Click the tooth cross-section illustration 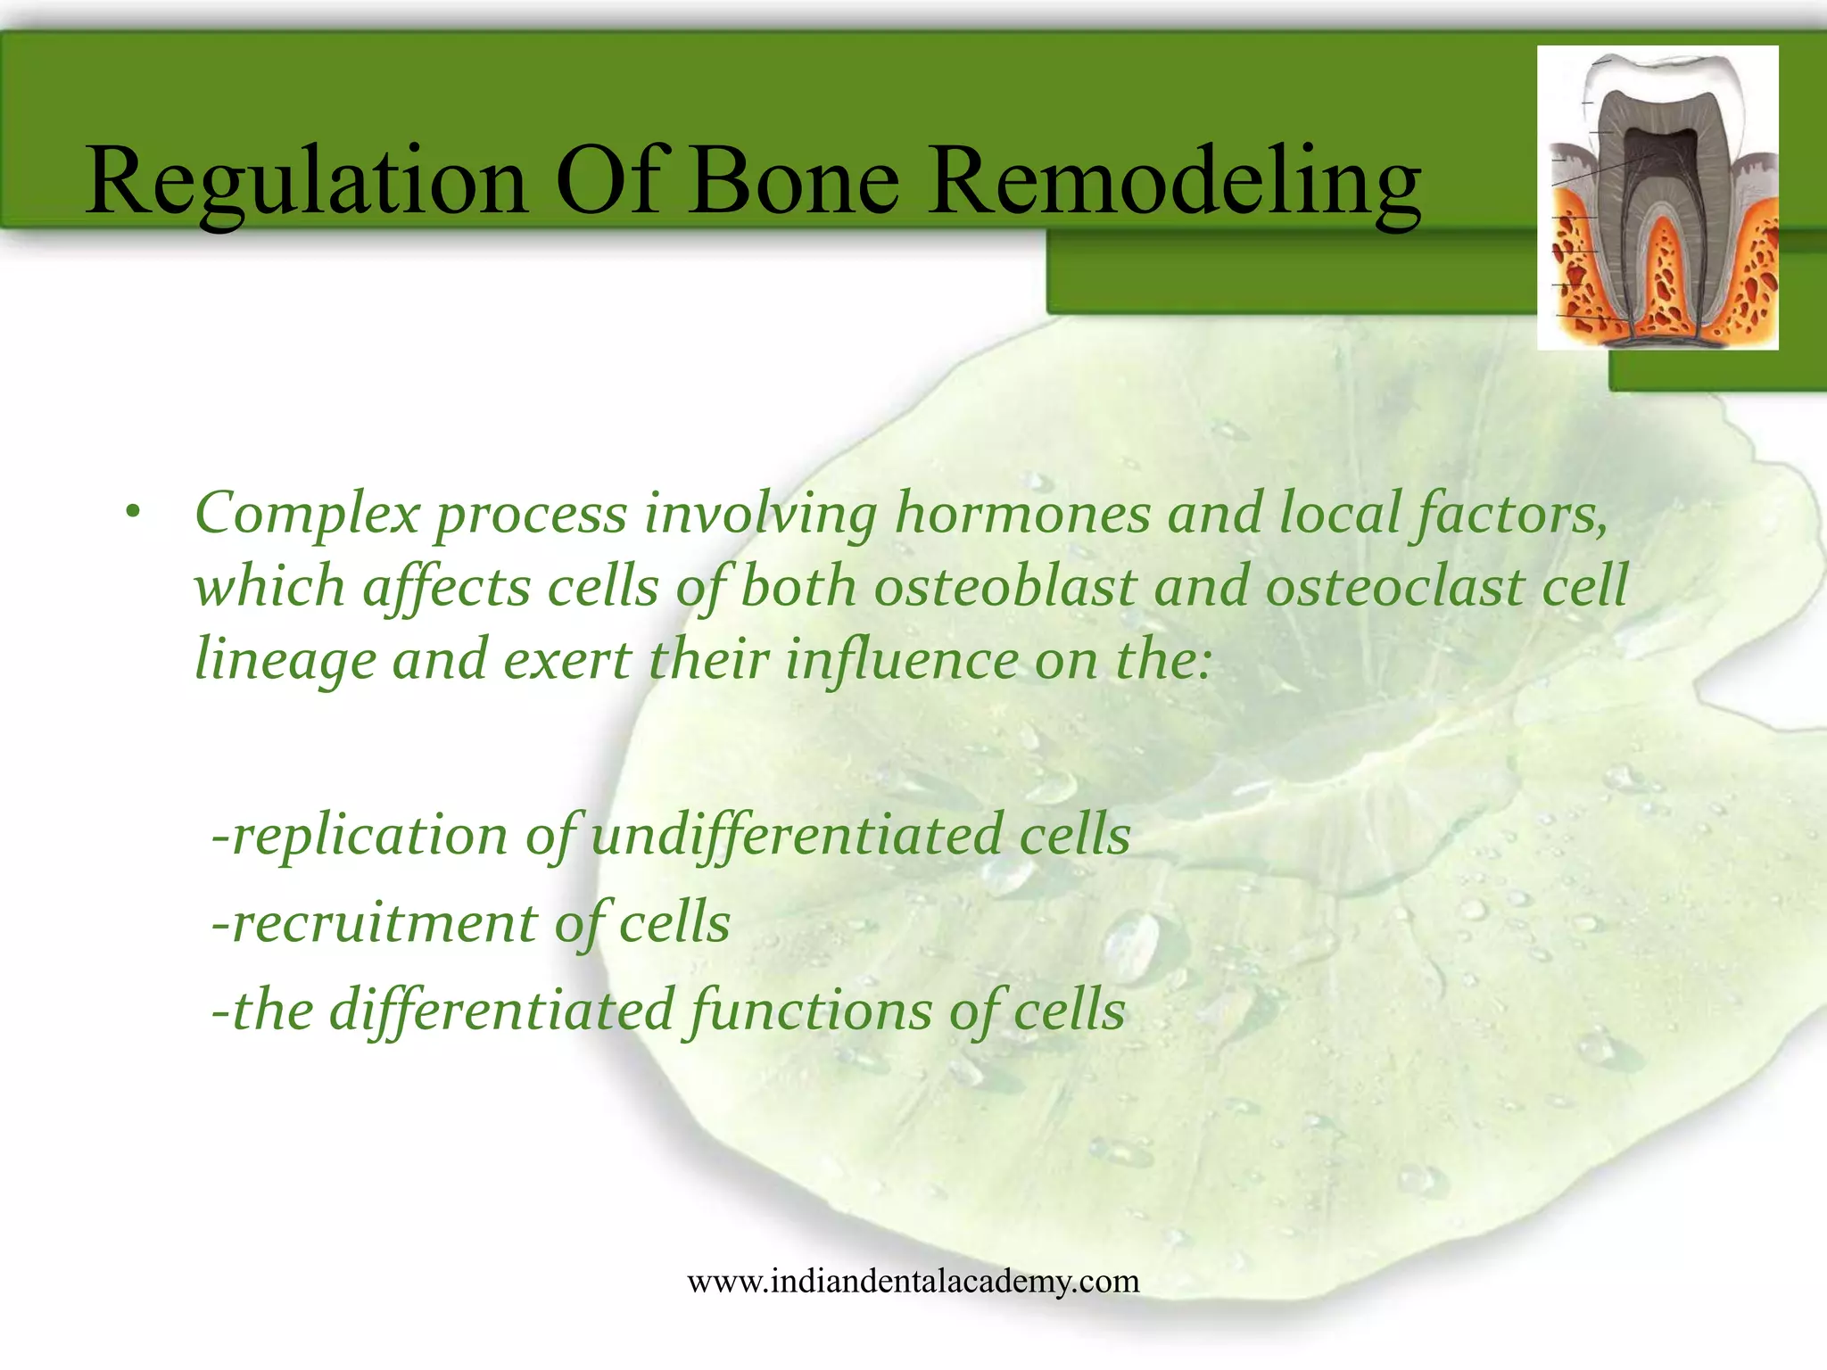coord(1658,198)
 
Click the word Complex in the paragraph coord(306,516)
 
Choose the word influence coord(901,660)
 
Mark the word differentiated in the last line coord(501,1011)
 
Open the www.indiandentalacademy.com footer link coord(913,1282)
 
